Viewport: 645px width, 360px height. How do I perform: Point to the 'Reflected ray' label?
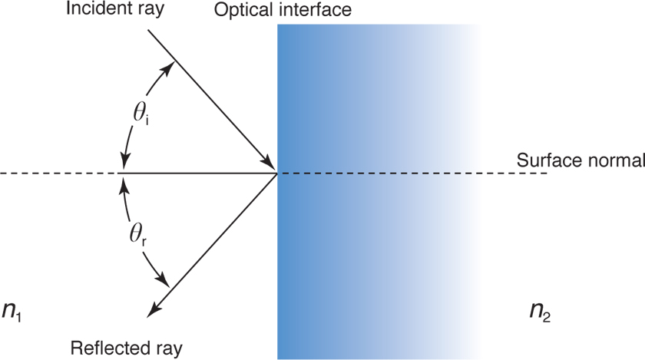pyautogui.click(x=127, y=348)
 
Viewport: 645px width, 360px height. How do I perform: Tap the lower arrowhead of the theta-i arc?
pyautogui.click(x=124, y=163)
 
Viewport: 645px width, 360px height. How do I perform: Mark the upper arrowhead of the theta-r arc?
pyautogui.click(x=124, y=183)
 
